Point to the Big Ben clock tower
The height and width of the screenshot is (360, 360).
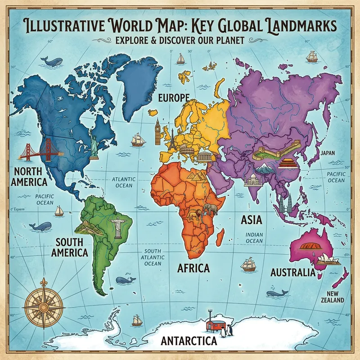coord(157,131)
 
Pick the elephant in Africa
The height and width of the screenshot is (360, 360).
coord(210,209)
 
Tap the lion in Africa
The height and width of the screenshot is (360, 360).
coord(195,216)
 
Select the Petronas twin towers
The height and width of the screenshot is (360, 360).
coord(283,205)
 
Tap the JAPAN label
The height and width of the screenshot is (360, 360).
coord(328,153)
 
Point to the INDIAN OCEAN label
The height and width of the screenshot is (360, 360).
coord(254,238)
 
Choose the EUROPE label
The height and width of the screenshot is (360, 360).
coord(172,97)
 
